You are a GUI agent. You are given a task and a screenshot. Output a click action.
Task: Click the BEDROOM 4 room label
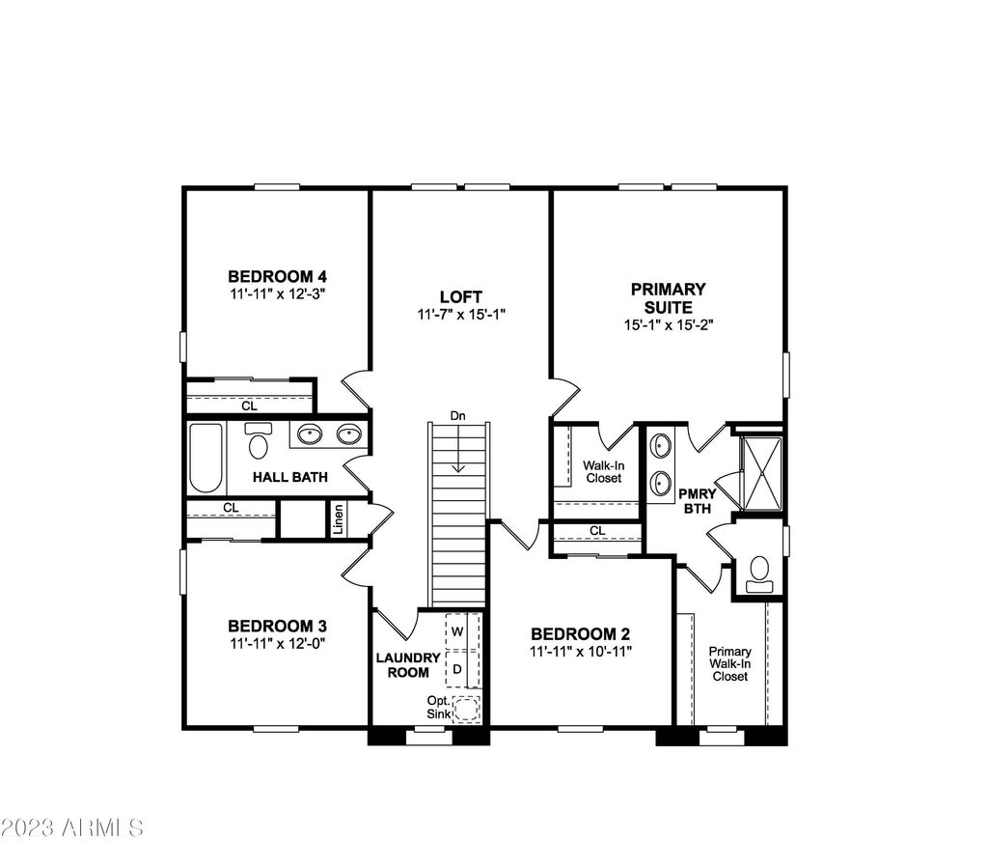[277, 276]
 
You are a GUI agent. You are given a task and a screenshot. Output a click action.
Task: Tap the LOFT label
[460, 296]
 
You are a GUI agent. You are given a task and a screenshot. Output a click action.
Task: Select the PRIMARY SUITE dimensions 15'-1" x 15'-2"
[668, 324]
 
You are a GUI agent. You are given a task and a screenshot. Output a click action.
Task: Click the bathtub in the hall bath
[206, 458]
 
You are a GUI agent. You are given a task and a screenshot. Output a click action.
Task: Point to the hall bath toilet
[258, 440]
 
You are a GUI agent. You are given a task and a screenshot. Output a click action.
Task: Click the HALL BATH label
[289, 477]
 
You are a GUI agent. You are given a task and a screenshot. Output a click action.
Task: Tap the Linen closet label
[339, 518]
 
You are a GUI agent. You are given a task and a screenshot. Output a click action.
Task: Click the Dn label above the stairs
[458, 415]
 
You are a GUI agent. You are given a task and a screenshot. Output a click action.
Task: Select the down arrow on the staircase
[458, 449]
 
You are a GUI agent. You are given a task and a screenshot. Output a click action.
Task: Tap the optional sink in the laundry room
[467, 709]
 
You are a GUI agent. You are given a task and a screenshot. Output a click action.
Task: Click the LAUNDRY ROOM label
[408, 665]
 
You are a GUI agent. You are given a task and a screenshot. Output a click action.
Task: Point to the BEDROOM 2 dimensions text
[580, 652]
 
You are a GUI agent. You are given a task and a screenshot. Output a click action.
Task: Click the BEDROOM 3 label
[277, 627]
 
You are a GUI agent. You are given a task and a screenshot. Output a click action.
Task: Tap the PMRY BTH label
[698, 501]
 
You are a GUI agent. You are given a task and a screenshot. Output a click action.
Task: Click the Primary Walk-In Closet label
[729, 663]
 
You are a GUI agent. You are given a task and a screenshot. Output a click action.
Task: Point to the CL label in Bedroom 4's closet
[250, 406]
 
